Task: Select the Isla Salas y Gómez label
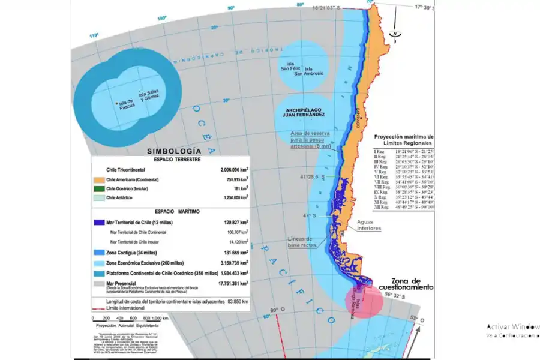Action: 150,96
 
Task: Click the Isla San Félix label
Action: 289,67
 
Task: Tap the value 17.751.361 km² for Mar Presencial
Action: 227,283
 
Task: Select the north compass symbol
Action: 395,33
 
